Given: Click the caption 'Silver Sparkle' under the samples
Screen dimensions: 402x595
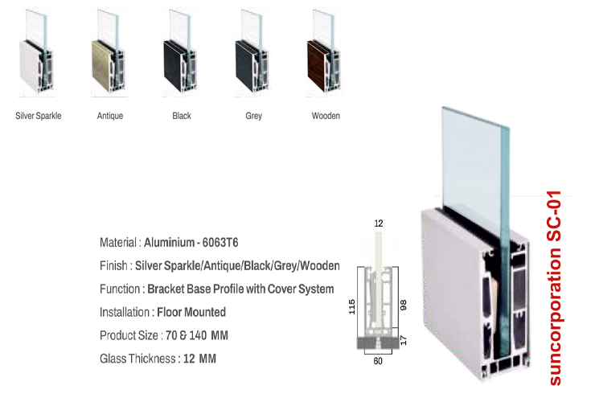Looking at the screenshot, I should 39,116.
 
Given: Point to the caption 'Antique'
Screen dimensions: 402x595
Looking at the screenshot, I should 110,116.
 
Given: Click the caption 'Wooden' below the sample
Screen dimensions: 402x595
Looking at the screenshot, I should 326,116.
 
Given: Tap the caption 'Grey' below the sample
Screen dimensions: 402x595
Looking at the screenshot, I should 253,116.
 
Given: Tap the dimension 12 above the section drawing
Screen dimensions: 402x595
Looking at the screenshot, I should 378,222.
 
